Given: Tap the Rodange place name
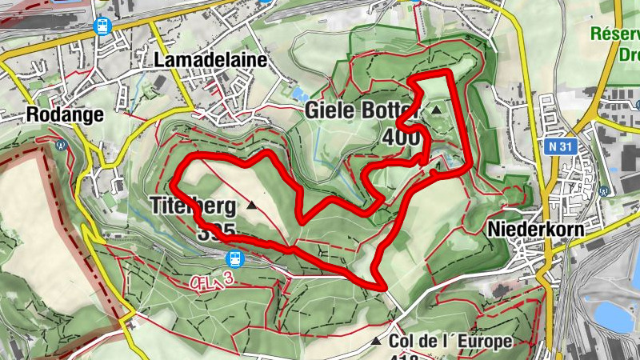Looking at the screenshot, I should pyautogui.click(x=65, y=114).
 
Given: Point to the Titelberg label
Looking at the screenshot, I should pyautogui.click(x=193, y=206).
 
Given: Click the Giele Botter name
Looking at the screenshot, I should pyautogui.click(x=362, y=111).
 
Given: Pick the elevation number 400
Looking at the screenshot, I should pyautogui.click(x=402, y=138).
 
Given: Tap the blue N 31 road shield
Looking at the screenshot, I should pyautogui.click(x=562, y=147).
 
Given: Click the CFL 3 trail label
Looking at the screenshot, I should pyautogui.click(x=218, y=281).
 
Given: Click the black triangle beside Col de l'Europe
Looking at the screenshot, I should pyautogui.click(x=376, y=342).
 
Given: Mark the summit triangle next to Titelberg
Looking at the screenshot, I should pyautogui.click(x=253, y=206).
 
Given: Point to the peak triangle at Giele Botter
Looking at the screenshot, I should pyautogui.click(x=437, y=110).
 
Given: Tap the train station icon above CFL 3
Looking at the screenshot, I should pyautogui.click(x=235, y=258).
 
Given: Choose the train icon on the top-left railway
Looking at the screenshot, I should pyautogui.click(x=102, y=26).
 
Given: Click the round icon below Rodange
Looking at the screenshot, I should pyautogui.click(x=60, y=146).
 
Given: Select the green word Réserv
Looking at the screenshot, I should pyautogui.click(x=615, y=34).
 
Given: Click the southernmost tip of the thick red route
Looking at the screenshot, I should pyautogui.click(x=382, y=286).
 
